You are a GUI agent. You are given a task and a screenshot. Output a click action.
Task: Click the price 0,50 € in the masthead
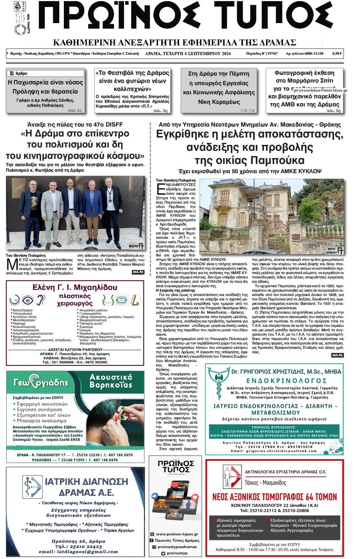coord(337,54)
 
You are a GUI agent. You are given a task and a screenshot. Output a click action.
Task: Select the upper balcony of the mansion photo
coord(223,203)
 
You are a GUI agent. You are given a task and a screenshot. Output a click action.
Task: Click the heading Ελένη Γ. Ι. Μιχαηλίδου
coord(75,287)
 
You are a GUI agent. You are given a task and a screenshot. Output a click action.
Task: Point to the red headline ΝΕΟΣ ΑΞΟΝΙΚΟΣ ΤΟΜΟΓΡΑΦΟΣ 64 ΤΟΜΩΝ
coord(274,496)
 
